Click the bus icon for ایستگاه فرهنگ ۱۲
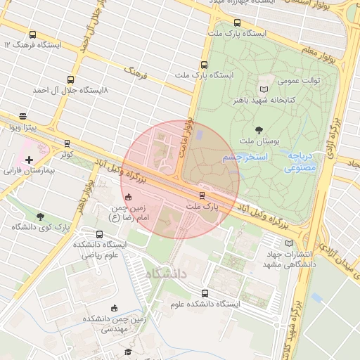tap(33, 34)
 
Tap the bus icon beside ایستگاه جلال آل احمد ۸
tap(70, 79)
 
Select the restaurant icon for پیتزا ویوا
tap(23, 116)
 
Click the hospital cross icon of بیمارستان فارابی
tap(29, 160)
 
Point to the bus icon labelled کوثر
tap(67, 143)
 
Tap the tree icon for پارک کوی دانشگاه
tap(39, 217)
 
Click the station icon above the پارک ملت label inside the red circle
tap(202, 195)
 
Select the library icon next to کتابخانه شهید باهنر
tap(264, 89)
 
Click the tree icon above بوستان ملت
tap(259, 129)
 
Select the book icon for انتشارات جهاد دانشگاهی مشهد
tap(290, 243)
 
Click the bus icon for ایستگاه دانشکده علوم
tap(205, 293)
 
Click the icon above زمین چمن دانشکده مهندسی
tap(115, 308)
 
